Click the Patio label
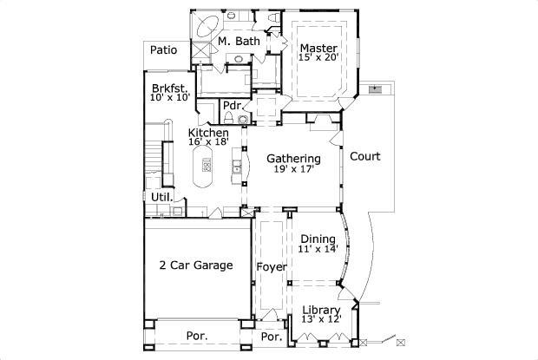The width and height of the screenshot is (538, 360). point(163,50)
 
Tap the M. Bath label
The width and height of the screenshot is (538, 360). point(239,41)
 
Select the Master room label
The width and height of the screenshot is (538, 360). point(318,48)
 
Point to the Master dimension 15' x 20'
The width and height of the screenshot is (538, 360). point(318,58)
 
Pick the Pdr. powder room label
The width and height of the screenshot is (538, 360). point(233,106)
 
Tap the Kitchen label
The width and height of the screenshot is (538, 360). point(208,133)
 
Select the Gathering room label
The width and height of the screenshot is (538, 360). point(293,159)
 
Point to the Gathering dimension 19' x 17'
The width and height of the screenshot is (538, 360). point(293,170)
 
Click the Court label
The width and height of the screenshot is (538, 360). point(365,157)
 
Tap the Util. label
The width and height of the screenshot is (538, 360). point(161,197)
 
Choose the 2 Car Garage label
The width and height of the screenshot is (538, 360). point(195,265)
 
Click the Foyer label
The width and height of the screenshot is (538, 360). point(272,266)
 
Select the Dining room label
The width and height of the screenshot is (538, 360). point(318,239)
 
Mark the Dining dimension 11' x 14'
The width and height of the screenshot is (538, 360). point(318,250)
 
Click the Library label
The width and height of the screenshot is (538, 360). point(322,309)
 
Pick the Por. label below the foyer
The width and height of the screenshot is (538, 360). point(272,337)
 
